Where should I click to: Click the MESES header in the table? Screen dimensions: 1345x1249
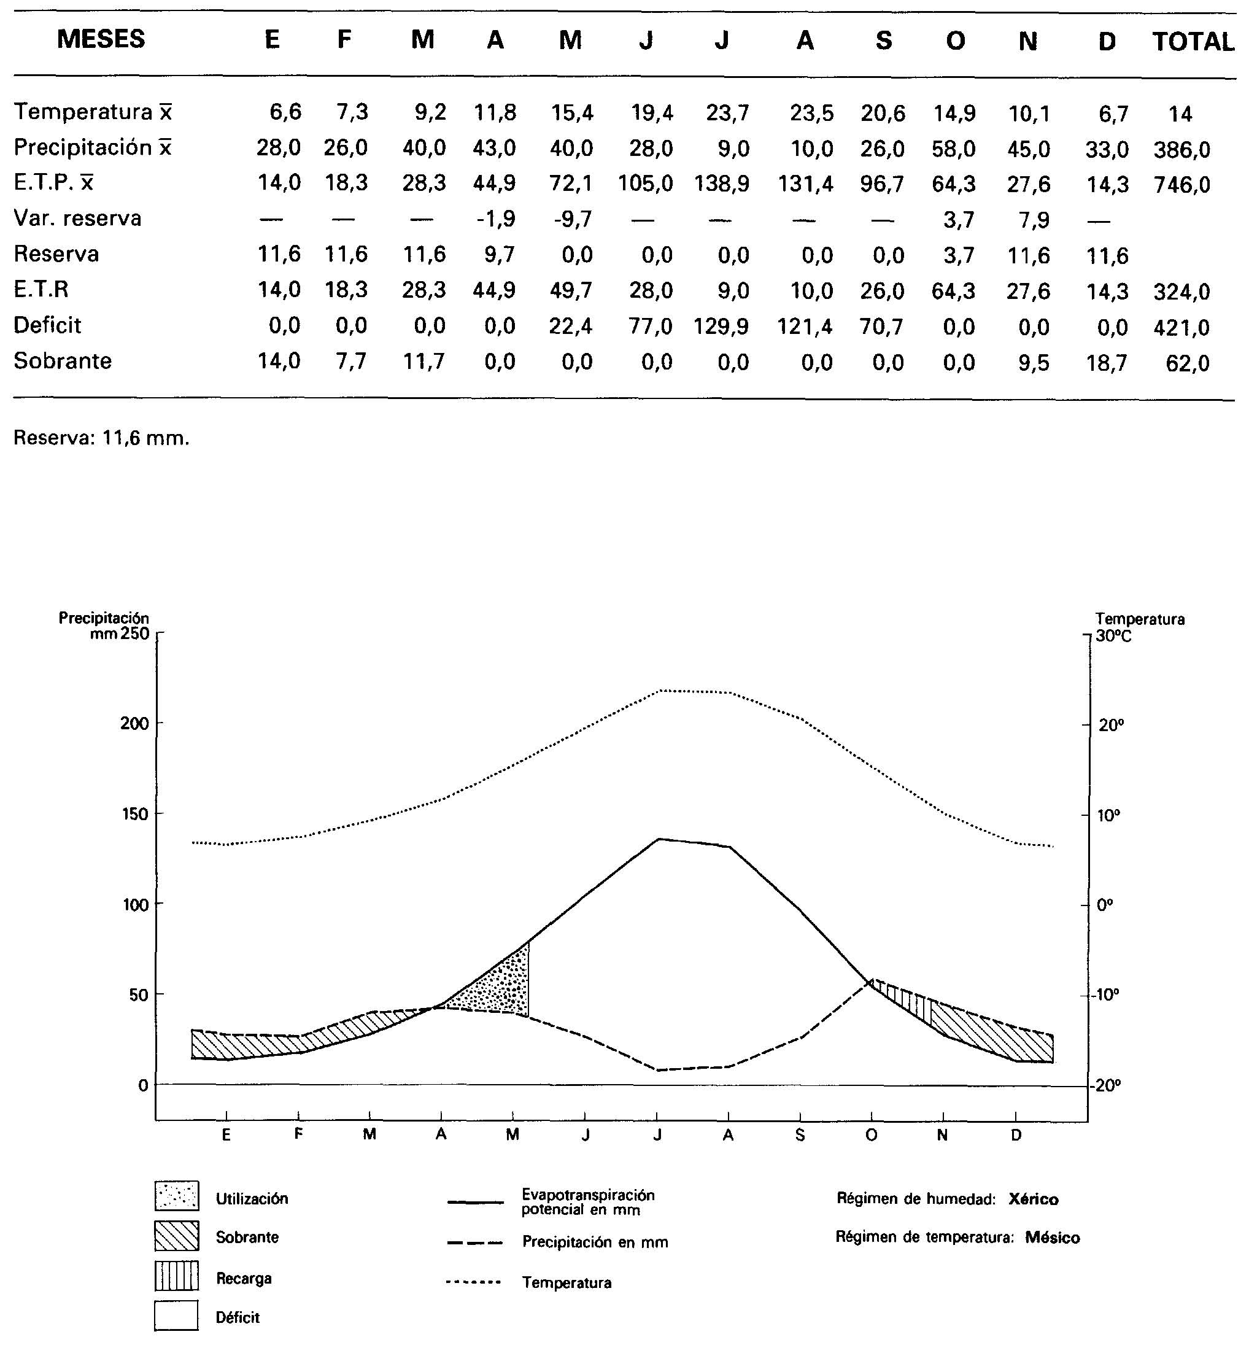[101, 39]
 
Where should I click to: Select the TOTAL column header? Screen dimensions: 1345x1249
[1193, 42]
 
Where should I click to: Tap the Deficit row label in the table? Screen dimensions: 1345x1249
[47, 325]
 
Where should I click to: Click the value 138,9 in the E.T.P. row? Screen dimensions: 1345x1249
[721, 184]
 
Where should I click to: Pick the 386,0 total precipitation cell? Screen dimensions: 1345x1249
[1181, 149]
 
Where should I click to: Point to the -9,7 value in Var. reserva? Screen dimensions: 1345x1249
[572, 219]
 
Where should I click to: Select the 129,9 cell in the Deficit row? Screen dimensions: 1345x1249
[721, 327]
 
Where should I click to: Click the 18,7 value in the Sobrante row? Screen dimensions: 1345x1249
[1107, 363]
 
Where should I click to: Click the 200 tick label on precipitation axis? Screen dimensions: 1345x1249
[134, 724]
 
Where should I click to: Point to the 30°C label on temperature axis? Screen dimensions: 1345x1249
[1114, 636]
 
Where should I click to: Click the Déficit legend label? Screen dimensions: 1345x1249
[238, 1317]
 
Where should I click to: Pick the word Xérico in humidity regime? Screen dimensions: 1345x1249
[1034, 1199]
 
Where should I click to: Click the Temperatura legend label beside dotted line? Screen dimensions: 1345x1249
[566, 1283]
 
